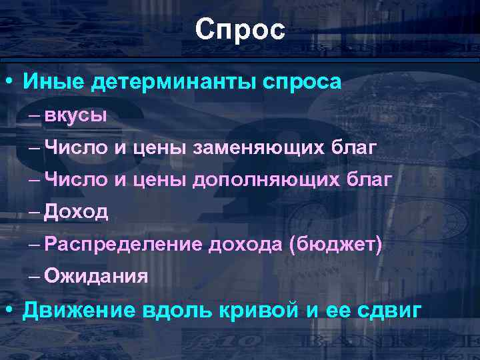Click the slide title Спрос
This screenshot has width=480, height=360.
(240, 29)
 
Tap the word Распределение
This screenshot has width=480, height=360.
(124, 245)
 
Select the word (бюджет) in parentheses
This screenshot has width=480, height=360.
(335, 245)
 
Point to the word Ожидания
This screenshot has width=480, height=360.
(97, 276)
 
